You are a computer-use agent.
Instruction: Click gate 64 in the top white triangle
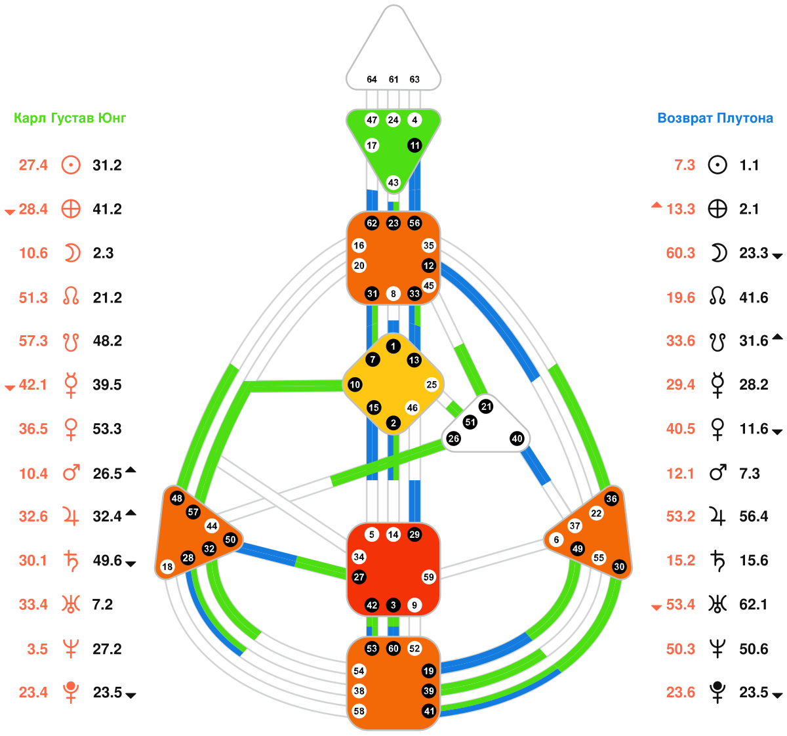coord(372,79)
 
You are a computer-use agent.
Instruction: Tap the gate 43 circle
coord(393,182)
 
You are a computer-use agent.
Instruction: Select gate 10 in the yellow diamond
coord(355,384)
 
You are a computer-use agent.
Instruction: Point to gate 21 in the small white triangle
coord(486,407)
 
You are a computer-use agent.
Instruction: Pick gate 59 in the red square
coord(429,577)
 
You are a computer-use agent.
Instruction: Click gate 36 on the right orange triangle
coord(611,499)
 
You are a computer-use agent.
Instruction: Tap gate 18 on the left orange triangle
coord(167,567)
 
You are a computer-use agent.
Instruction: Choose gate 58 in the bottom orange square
coord(359,711)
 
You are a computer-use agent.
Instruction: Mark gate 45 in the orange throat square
coord(429,285)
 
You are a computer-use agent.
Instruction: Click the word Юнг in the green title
coord(111,118)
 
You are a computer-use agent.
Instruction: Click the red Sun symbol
coord(71,165)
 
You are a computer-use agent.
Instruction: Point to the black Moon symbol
coord(719,253)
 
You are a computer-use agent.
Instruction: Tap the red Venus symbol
coord(71,429)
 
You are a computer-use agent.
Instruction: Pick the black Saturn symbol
coord(719,561)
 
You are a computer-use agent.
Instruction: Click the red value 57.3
coord(33,341)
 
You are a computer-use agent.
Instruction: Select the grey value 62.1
coord(754,605)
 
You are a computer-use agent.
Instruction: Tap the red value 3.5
coord(37,649)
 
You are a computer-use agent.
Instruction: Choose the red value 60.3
coord(681,253)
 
